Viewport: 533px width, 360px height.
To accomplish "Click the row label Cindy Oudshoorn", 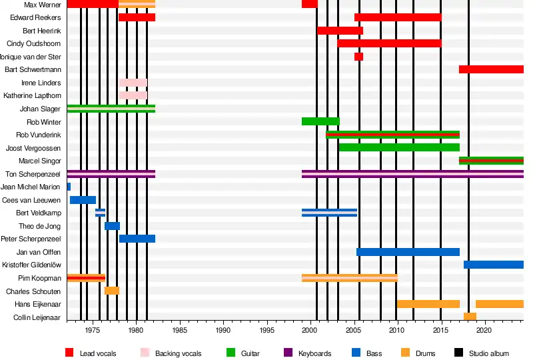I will tap(34, 43).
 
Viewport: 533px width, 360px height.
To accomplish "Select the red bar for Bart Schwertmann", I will tap(491, 69).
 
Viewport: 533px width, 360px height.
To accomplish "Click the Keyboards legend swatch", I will tap(288, 353).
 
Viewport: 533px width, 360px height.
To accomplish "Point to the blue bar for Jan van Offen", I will tap(408, 252).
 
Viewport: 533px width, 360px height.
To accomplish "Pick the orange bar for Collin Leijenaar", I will tap(470, 317).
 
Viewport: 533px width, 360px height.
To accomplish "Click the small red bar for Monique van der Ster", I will tap(358, 57).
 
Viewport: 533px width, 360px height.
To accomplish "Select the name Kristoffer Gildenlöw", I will tap(31, 265).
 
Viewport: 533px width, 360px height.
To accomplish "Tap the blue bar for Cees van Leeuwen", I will tap(83, 200).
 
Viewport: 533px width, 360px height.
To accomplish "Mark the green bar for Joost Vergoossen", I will tap(399, 147).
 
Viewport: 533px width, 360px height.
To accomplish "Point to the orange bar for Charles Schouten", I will tap(112, 291).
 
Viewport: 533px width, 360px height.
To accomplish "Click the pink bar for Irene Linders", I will tap(133, 83).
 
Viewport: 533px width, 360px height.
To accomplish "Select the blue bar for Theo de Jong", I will tap(112, 226).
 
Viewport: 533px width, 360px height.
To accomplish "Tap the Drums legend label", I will tap(425, 353).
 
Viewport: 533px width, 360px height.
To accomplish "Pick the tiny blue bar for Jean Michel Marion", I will tap(69, 187).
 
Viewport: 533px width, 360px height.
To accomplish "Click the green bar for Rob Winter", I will tap(320, 121).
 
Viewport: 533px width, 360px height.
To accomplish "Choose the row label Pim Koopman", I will tap(41, 278).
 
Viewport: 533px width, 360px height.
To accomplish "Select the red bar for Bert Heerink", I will tap(340, 31).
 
